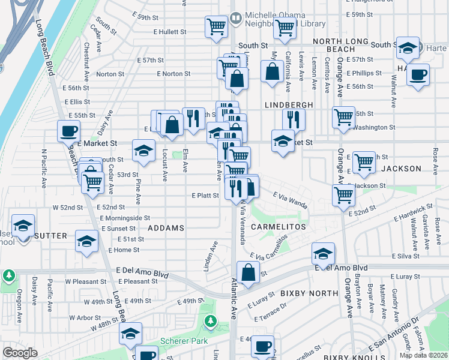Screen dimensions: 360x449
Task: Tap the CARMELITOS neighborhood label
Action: [278, 227]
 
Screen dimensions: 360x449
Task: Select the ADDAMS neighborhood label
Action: [166, 229]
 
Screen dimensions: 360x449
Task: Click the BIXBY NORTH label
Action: [309, 293]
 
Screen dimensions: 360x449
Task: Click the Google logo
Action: [20, 353]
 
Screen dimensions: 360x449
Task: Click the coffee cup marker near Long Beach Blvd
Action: [68, 130]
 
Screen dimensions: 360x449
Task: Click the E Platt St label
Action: [205, 196]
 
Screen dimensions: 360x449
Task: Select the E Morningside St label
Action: [125, 218]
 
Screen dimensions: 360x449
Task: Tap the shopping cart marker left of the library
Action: [215, 26]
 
